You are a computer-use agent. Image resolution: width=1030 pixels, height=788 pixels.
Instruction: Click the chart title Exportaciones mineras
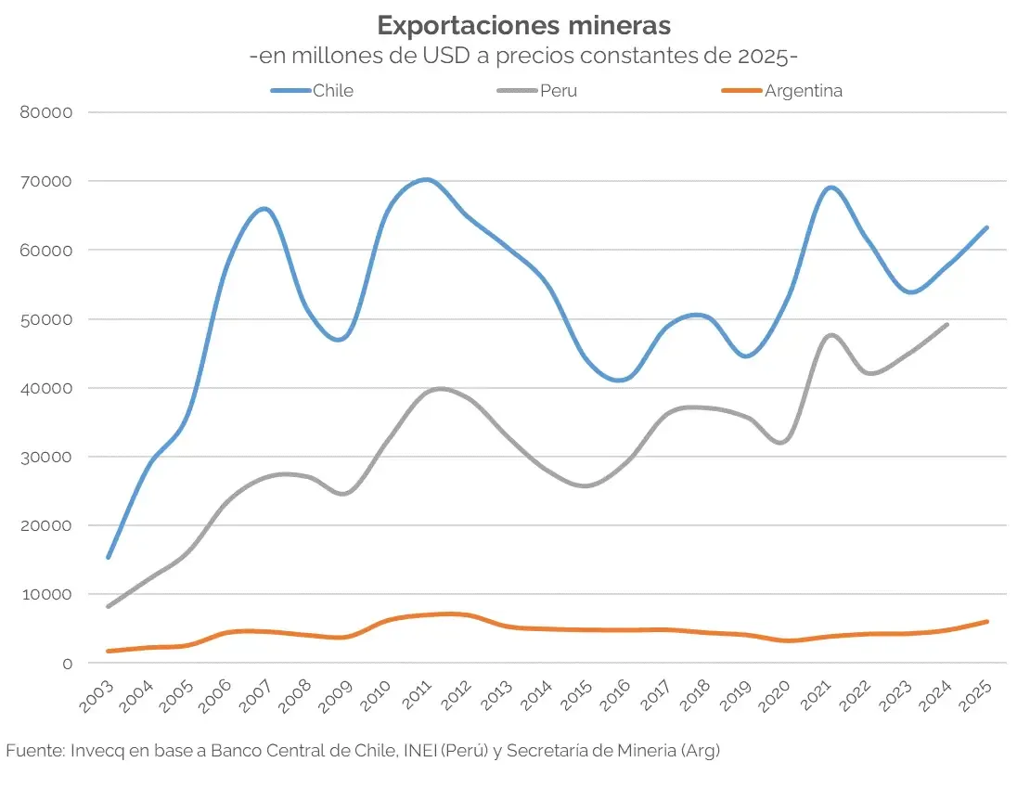(x=523, y=25)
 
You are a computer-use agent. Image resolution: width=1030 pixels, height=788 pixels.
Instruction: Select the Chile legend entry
(x=332, y=91)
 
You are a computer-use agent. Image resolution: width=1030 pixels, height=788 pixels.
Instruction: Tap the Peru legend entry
(x=558, y=91)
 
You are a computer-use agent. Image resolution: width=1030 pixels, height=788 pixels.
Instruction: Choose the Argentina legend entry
(x=803, y=91)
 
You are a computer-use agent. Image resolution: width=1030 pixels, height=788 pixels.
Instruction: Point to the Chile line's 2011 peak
(x=426, y=179)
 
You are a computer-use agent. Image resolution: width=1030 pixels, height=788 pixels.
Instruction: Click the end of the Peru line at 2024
(x=946, y=325)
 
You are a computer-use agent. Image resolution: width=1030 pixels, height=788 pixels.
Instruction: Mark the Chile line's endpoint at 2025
(x=986, y=227)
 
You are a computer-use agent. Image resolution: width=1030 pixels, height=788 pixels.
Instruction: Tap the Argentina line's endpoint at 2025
(x=986, y=622)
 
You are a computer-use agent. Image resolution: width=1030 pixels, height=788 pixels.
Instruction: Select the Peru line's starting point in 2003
(x=109, y=606)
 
